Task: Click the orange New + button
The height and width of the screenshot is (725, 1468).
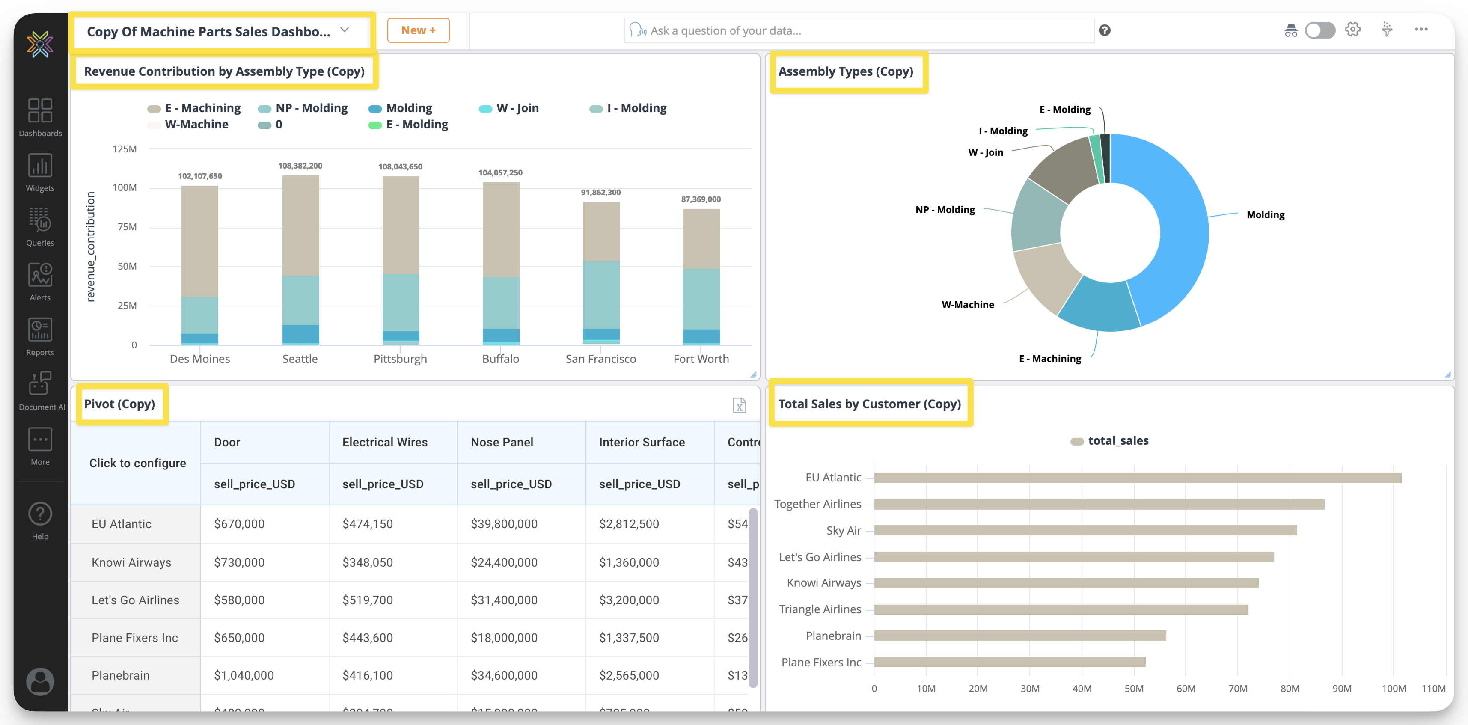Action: (x=418, y=30)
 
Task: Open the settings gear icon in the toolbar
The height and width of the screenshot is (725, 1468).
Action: (x=1352, y=30)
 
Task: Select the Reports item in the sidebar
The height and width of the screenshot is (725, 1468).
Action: (x=40, y=337)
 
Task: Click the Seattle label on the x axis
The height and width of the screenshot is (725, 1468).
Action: (x=300, y=359)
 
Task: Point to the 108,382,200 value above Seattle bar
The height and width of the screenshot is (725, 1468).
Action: (x=300, y=166)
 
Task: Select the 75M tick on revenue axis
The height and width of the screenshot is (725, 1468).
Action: (x=127, y=227)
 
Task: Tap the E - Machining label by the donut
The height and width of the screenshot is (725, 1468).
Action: (x=1050, y=359)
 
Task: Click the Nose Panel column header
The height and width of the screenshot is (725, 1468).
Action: (x=502, y=442)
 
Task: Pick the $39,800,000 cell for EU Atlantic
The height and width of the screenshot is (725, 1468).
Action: (x=504, y=524)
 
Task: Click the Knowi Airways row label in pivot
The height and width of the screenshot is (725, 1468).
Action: (x=131, y=562)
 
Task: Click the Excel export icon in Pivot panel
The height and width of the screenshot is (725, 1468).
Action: (x=739, y=405)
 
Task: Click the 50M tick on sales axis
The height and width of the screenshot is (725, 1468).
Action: (x=1133, y=689)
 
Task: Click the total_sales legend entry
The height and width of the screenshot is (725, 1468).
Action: (x=1117, y=440)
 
